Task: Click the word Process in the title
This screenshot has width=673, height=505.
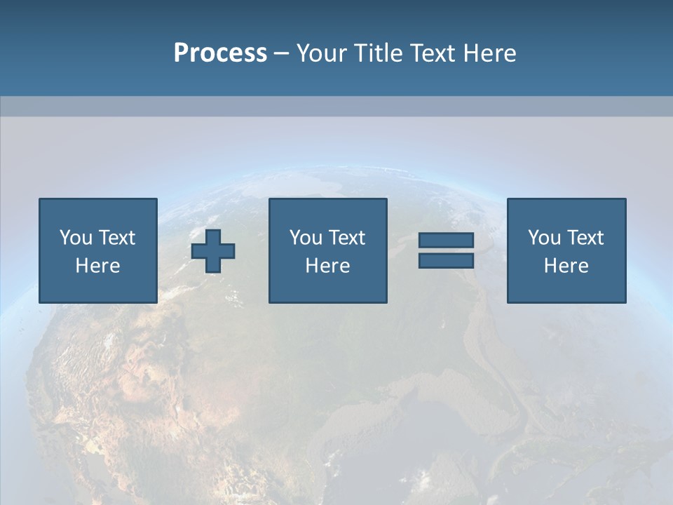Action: click(x=220, y=53)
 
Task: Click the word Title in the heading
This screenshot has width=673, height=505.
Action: click(x=379, y=53)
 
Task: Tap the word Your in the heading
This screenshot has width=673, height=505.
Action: click(x=322, y=53)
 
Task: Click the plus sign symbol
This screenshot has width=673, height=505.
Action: click(x=213, y=251)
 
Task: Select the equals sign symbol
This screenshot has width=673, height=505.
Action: click(x=446, y=250)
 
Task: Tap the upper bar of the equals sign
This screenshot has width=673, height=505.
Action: click(x=446, y=241)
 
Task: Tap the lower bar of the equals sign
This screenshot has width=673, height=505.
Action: click(x=446, y=261)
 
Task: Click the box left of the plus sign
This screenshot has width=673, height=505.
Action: click(x=98, y=250)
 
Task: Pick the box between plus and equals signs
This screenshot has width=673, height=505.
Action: click(x=327, y=250)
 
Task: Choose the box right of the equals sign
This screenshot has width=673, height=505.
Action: click(x=566, y=250)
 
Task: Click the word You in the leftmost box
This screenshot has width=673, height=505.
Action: click(x=76, y=238)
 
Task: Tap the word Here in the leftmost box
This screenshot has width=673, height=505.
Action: click(x=98, y=266)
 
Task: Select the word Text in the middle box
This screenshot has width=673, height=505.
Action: click(x=346, y=238)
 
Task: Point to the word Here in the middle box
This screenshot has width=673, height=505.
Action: click(x=327, y=266)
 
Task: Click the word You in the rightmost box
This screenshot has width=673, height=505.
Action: click(x=545, y=238)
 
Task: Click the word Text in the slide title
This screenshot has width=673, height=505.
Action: click(x=430, y=53)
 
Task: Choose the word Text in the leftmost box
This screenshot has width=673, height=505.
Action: click(x=116, y=238)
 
